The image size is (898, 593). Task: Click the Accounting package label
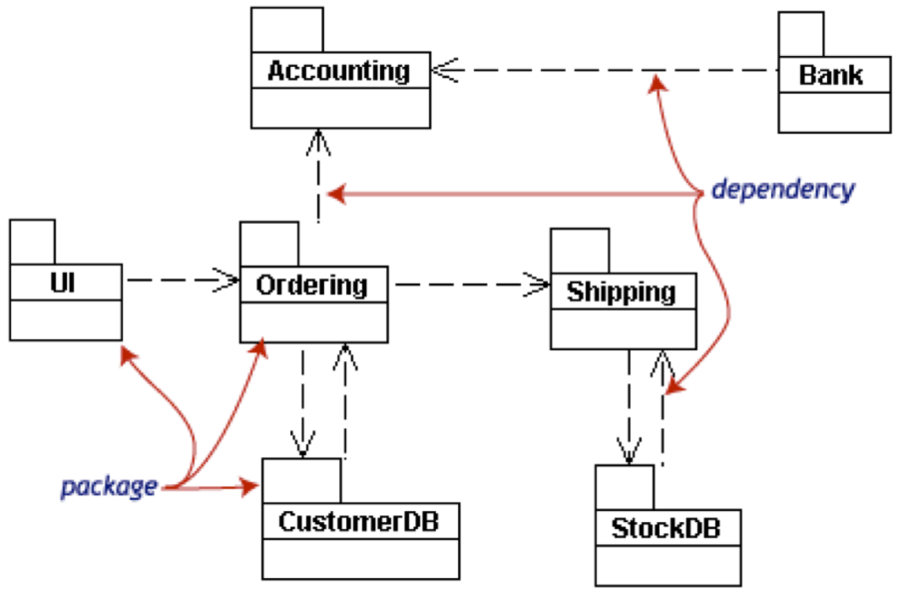click(339, 72)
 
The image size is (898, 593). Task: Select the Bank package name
click(831, 75)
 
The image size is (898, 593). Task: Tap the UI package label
click(62, 285)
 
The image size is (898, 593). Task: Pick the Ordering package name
click(311, 286)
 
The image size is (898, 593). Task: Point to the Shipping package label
click(621, 292)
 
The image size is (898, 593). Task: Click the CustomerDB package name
click(359, 520)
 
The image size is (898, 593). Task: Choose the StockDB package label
click(668, 526)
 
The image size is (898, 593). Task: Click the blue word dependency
click(782, 190)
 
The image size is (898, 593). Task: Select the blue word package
click(109, 487)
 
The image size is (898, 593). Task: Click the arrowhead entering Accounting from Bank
click(443, 71)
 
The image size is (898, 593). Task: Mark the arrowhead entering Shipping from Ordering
click(540, 286)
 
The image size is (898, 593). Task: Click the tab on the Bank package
click(801, 35)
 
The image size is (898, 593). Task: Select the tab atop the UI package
click(33, 242)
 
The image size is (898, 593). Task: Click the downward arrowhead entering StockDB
click(629, 452)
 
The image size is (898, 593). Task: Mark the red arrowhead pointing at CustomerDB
click(249, 487)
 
